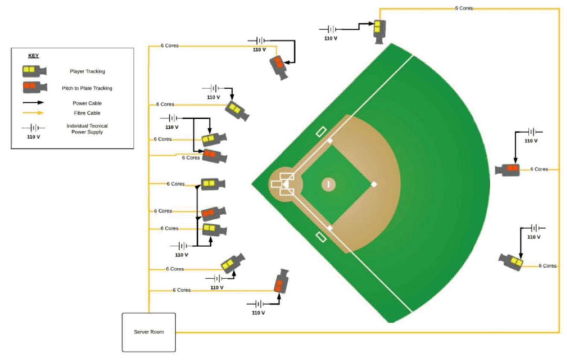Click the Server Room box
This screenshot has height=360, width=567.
coord(149,332)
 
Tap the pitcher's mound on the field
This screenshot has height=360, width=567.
coord(328,184)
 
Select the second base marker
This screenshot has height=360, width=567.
coord(374,184)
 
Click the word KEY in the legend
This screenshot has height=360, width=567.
coord(33,56)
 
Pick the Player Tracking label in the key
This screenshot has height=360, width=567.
coord(87,71)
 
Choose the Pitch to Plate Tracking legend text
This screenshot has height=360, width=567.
coord(87,88)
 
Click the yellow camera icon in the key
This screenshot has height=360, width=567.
coord(34,70)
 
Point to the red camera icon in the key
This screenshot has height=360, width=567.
coord(34,87)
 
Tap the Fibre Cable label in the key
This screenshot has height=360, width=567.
coord(87,113)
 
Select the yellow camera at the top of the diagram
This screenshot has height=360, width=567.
coord(378,30)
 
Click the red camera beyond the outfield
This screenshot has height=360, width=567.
coord(507,170)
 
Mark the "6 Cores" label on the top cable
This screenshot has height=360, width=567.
coord(464,8)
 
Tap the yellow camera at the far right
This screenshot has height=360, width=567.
coord(511,261)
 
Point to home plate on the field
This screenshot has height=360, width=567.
coord(286,184)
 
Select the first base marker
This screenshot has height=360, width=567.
coord(330,228)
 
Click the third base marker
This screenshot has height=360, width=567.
coord(330,140)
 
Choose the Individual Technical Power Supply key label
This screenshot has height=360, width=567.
coord(87,129)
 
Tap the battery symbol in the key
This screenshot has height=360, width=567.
coord(33,128)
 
